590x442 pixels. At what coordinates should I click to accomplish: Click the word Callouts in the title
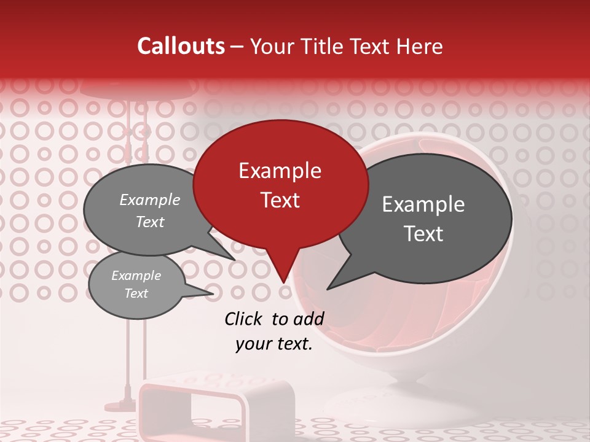(x=181, y=46)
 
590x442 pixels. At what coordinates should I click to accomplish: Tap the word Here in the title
(x=420, y=46)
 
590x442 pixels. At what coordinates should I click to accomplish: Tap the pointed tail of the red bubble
(x=282, y=273)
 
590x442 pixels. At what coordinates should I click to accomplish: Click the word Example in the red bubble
(x=280, y=171)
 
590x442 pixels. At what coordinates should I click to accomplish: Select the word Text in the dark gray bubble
(x=424, y=234)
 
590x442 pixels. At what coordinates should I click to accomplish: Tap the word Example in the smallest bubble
(x=136, y=276)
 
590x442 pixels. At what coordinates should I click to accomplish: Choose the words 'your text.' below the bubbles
(x=274, y=344)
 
